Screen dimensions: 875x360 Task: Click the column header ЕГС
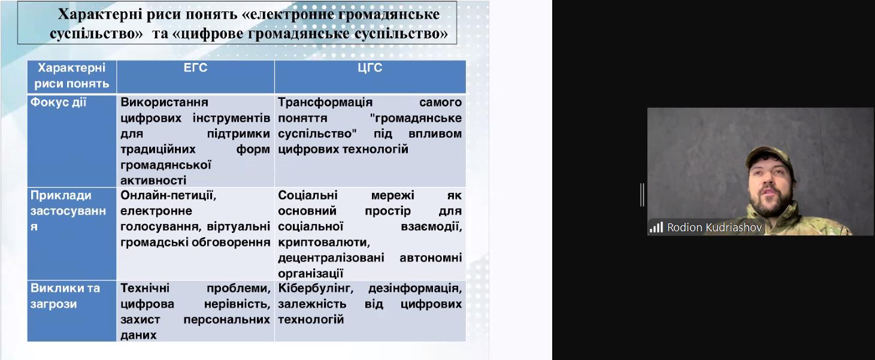(195, 68)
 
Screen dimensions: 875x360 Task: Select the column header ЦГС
(370, 68)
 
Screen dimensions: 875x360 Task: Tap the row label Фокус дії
(58, 102)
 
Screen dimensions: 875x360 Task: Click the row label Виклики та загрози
(65, 296)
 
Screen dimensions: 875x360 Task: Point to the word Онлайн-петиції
(168, 195)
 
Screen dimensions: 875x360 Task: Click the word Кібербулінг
(316, 289)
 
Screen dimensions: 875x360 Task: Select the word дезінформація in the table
(415, 289)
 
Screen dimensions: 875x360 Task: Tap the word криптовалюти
(324, 243)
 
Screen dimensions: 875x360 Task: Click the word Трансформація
(325, 102)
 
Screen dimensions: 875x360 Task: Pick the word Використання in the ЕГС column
(164, 102)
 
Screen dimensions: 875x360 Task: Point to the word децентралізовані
(331, 258)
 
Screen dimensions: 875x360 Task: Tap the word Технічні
(145, 289)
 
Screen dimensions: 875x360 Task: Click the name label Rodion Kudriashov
(714, 228)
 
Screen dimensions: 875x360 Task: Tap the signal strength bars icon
(656, 228)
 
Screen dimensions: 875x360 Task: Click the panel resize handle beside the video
(642, 195)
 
